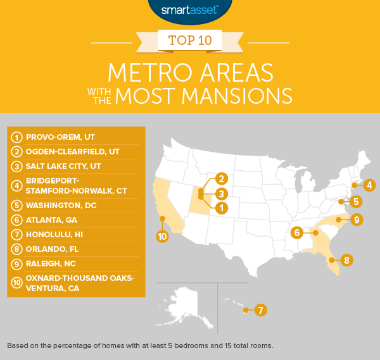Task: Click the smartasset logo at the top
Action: (x=189, y=9)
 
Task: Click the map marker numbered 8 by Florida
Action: (x=346, y=259)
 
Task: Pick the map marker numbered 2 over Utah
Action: (x=220, y=179)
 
